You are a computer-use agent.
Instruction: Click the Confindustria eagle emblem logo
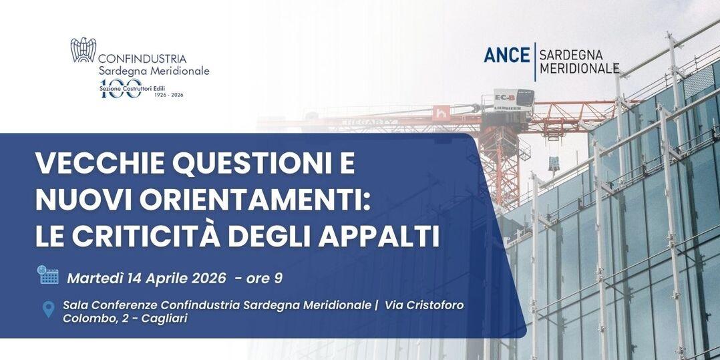83,50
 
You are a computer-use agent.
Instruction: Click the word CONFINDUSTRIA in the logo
142,59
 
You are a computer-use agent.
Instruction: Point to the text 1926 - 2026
168,95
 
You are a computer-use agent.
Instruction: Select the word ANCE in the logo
506,55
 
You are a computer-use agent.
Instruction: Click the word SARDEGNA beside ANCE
570,54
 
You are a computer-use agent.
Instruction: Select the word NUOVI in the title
81,201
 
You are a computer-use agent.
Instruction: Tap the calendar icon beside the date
48,275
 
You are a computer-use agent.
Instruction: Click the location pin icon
48,309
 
